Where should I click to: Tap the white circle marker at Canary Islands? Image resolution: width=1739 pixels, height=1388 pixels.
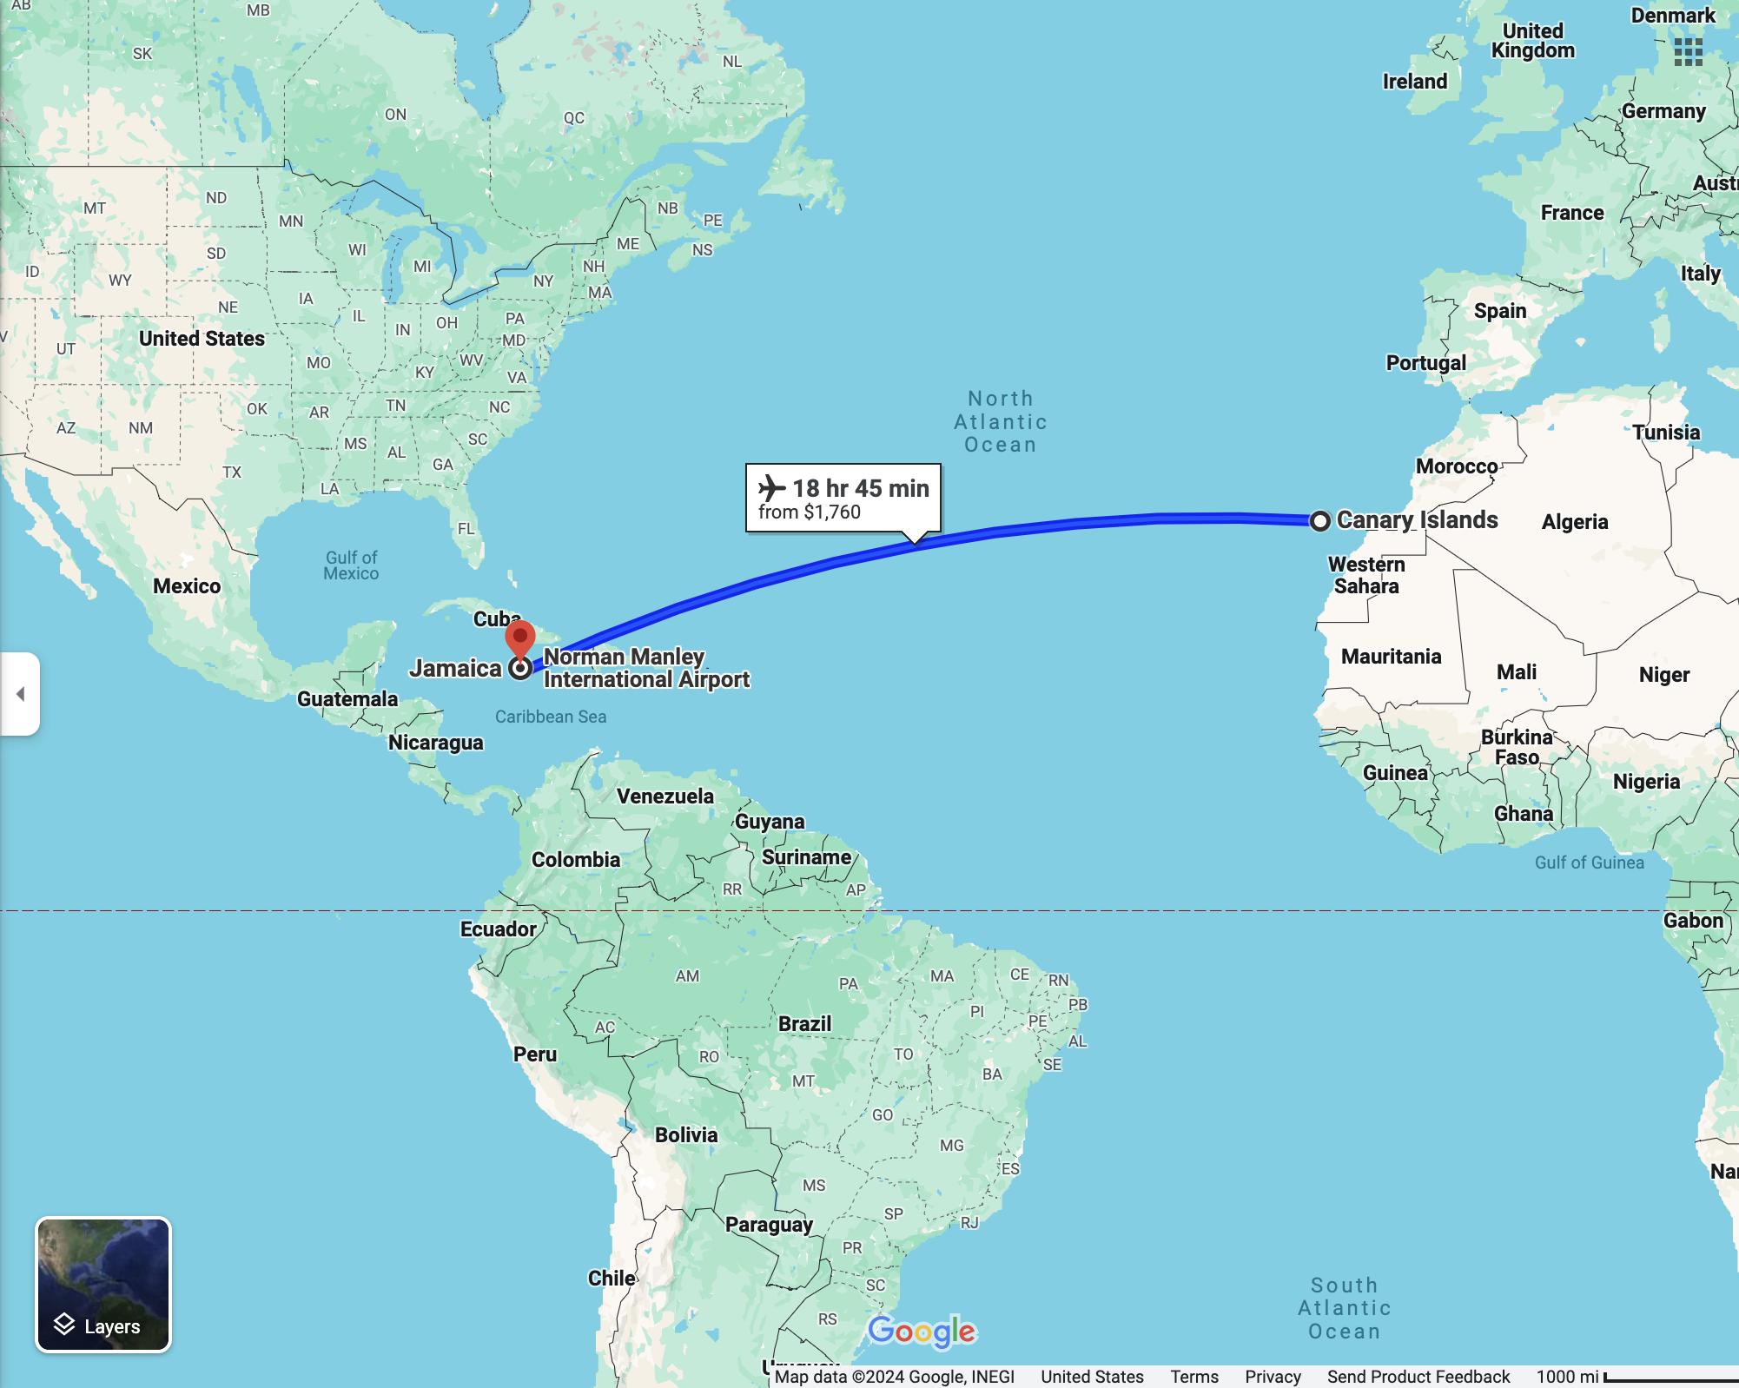[1319, 521]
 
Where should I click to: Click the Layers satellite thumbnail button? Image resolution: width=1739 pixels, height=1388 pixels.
[103, 1285]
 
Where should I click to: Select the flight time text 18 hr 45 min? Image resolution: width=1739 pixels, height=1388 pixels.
[860, 488]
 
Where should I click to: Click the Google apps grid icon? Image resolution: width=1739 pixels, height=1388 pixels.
[1688, 52]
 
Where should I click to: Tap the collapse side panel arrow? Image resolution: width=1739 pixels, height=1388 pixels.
[20, 694]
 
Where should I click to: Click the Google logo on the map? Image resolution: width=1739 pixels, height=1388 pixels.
[922, 1331]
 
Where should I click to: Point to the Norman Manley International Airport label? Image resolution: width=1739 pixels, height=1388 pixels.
[645, 668]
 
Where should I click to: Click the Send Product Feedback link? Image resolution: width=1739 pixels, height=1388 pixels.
[1418, 1377]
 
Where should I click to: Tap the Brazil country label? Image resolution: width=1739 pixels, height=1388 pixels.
[804, 1024]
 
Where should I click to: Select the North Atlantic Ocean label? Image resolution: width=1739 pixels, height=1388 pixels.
[1001, 422]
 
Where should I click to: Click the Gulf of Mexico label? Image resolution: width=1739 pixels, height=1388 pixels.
[351, 565]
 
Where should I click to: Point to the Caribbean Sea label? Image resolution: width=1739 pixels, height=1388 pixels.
[551, 717]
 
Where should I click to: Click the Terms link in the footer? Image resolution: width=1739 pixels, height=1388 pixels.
[1193, 1377]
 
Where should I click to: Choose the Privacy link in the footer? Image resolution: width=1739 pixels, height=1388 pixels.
[1273, 1377]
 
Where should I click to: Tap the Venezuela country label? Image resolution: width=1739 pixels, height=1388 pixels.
[665, 796]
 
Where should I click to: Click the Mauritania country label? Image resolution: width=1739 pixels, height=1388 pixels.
[1391, 657]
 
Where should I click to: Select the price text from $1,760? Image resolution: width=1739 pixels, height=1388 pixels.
[810, 512]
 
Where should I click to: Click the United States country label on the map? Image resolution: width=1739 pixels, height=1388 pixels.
[202, 339]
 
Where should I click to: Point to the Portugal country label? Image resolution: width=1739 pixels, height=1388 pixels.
[1425, 363]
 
